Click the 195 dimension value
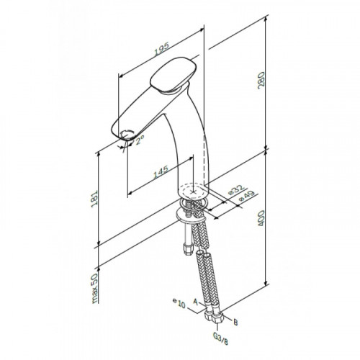162,49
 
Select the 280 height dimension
261,81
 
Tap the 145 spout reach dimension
161,172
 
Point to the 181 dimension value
95,199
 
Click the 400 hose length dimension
261,218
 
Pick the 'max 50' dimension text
95,288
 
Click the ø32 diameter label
236,189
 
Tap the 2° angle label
140,140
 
